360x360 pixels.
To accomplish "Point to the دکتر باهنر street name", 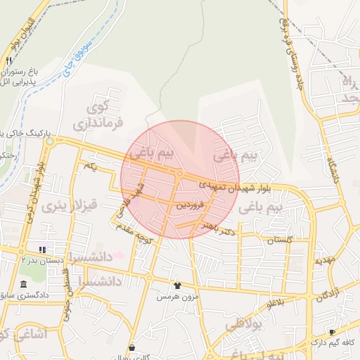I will [217, 229].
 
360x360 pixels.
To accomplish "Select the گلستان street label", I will [279, 240].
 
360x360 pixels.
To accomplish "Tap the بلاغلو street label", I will [278, 303].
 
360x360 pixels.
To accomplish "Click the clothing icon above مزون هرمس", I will [176, 285].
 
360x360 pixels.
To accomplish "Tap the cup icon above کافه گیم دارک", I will [332, 331].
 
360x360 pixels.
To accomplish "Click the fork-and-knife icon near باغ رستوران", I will [9, 61].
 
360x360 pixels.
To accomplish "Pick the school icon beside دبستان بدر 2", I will [43, 250].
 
